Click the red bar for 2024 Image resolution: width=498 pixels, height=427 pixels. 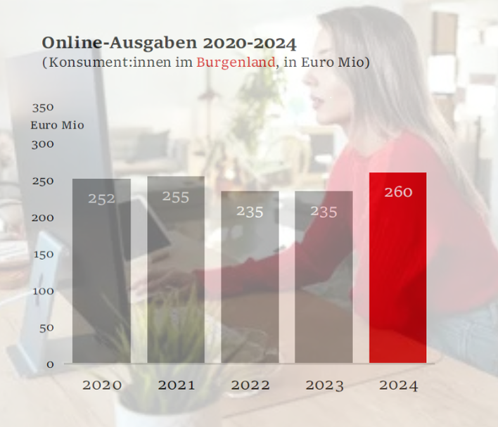397,274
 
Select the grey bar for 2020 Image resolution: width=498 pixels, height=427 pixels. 101,274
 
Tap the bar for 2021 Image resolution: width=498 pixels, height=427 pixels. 176,274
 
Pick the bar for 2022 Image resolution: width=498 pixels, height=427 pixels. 250,281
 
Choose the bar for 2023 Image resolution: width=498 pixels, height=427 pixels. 324,281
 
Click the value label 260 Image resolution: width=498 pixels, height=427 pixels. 398,192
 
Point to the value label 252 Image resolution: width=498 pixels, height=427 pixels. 101,199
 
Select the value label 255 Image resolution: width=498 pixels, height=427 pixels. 176,197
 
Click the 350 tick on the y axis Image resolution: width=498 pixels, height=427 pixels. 42,108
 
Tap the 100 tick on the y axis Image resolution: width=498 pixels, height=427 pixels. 43,291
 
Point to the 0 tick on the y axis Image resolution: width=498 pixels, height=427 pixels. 50,364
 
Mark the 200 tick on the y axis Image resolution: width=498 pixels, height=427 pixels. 43,218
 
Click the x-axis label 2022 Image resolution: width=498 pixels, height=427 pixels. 250,385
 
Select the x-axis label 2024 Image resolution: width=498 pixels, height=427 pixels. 398,385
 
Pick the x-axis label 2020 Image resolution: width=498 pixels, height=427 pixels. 102,385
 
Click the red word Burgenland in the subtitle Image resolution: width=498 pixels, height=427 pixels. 236,63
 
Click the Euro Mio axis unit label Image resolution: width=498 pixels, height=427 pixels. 58,125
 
